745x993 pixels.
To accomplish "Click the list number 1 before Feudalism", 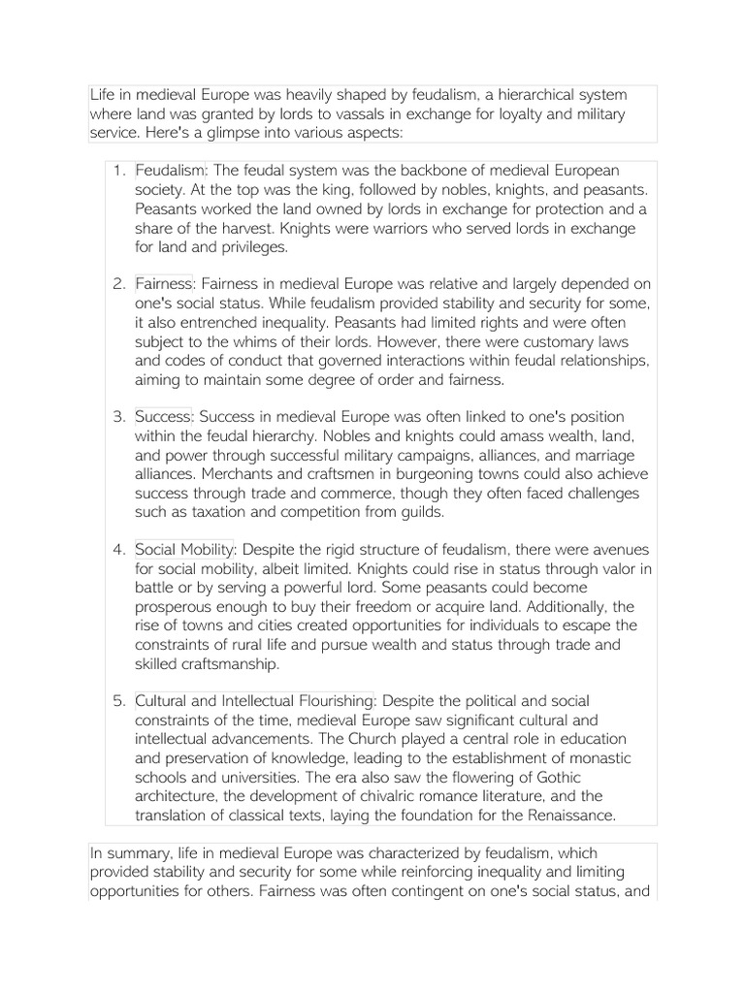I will [117, 172].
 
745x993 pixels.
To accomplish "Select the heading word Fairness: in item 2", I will [166, 284].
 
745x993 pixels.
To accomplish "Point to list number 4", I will [117, 549].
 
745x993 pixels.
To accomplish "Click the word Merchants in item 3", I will [173, 473].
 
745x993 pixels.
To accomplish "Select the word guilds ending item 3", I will [418, 511].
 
